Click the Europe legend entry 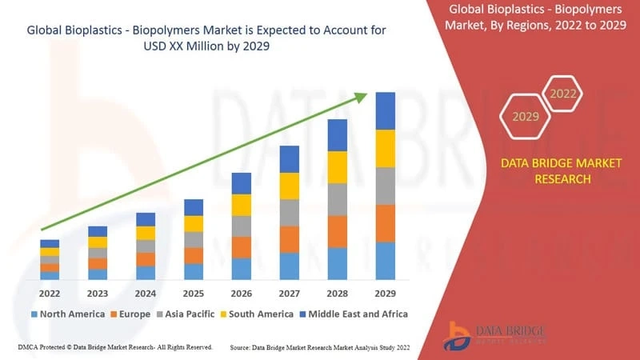coord(130,314)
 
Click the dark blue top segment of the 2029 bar coord(386,110)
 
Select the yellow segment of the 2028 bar coord(338,167)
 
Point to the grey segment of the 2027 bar coord(290,213)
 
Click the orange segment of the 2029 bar coord(386,223)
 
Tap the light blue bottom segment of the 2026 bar coord(242,269)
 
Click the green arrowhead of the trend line coord(361,97)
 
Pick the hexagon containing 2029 coord(526,117)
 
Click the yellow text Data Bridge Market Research coord(549,170)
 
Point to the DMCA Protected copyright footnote coord(114,348)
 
